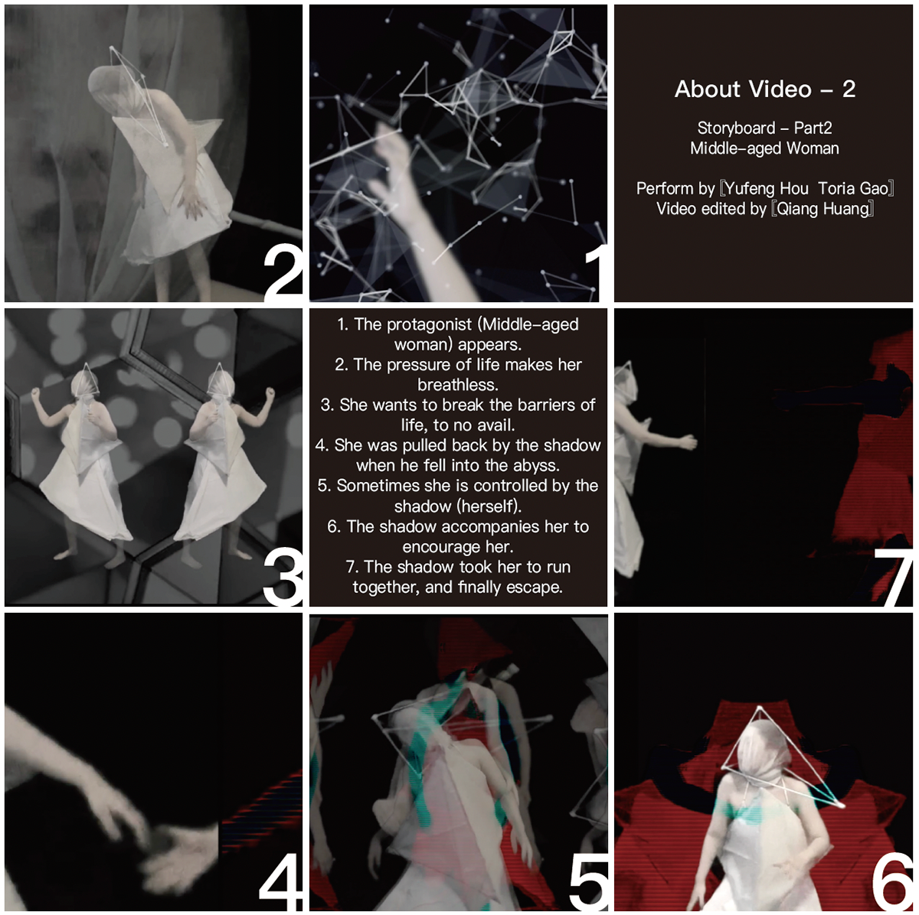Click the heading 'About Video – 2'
764,89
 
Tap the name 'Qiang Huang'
823,209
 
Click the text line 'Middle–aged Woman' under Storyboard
764,148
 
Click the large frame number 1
596,273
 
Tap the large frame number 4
280,881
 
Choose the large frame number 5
588,881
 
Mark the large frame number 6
892,881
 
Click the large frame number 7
893,577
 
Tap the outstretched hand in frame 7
688,441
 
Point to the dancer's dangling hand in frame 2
194,201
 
